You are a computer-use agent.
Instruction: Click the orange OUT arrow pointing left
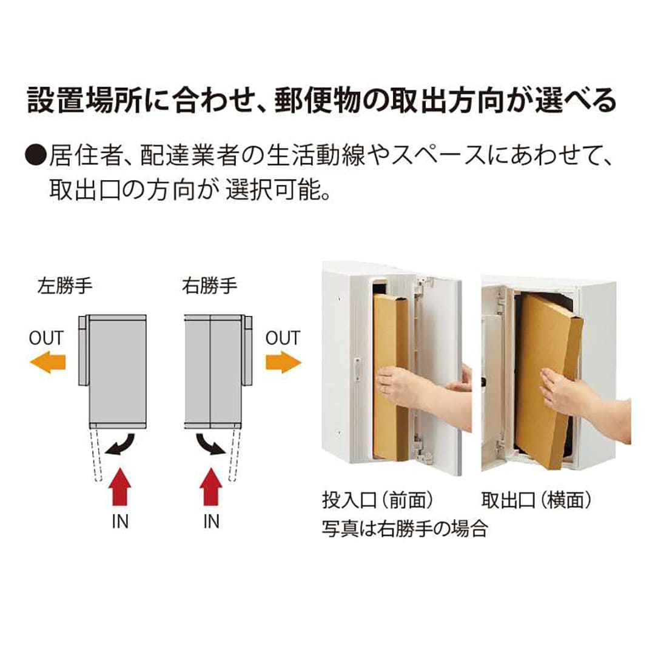pyautogui.click(x=48, y=362)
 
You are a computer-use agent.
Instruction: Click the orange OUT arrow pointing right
pyautogui.click(x=283, y=362)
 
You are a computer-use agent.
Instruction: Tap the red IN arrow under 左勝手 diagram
pyautogui.click(x=120, y=486)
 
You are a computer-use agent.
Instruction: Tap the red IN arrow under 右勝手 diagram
pyautogui.click(x=211, y=486)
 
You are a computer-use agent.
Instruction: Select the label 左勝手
pyautogui.click(x=65, y=286)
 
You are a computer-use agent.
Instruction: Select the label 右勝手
pyautogui.click(x=209, y=286)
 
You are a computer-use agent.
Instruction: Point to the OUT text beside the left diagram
pyautogui.click(x=46, y=338)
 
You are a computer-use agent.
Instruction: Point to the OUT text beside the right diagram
pyautogui.click(x=283, y=338)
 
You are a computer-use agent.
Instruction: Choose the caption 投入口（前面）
pyautogui.click(x=378, y=500)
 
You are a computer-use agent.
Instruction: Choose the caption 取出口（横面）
pyautogui.click(x=536, y=500)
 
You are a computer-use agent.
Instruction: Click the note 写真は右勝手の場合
pyautogui.click(x=405, y=529)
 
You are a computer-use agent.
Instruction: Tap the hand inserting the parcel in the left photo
pyautogui.click(x=399, y=386)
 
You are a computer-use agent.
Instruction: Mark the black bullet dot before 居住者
pyautogui.click(x=36, y=156)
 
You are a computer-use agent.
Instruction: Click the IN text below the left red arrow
pyautogui.click(x=120, y=522)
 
